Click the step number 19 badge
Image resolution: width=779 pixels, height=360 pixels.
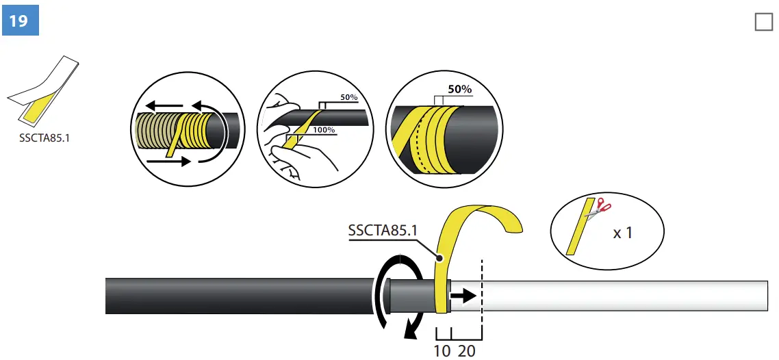(x=19, y=21)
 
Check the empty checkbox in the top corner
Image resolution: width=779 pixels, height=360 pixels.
(x=763, y=22)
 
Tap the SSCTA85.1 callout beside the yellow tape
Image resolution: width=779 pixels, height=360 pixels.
(x=383, y=231)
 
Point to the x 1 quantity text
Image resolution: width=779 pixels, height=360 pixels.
(x=622, y=233)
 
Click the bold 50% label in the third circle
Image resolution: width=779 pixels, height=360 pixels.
(x=459, y=90)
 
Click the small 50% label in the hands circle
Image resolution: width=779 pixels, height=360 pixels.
(x=348, y=98)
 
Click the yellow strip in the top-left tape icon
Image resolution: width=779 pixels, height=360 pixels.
(x=38, y=109)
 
